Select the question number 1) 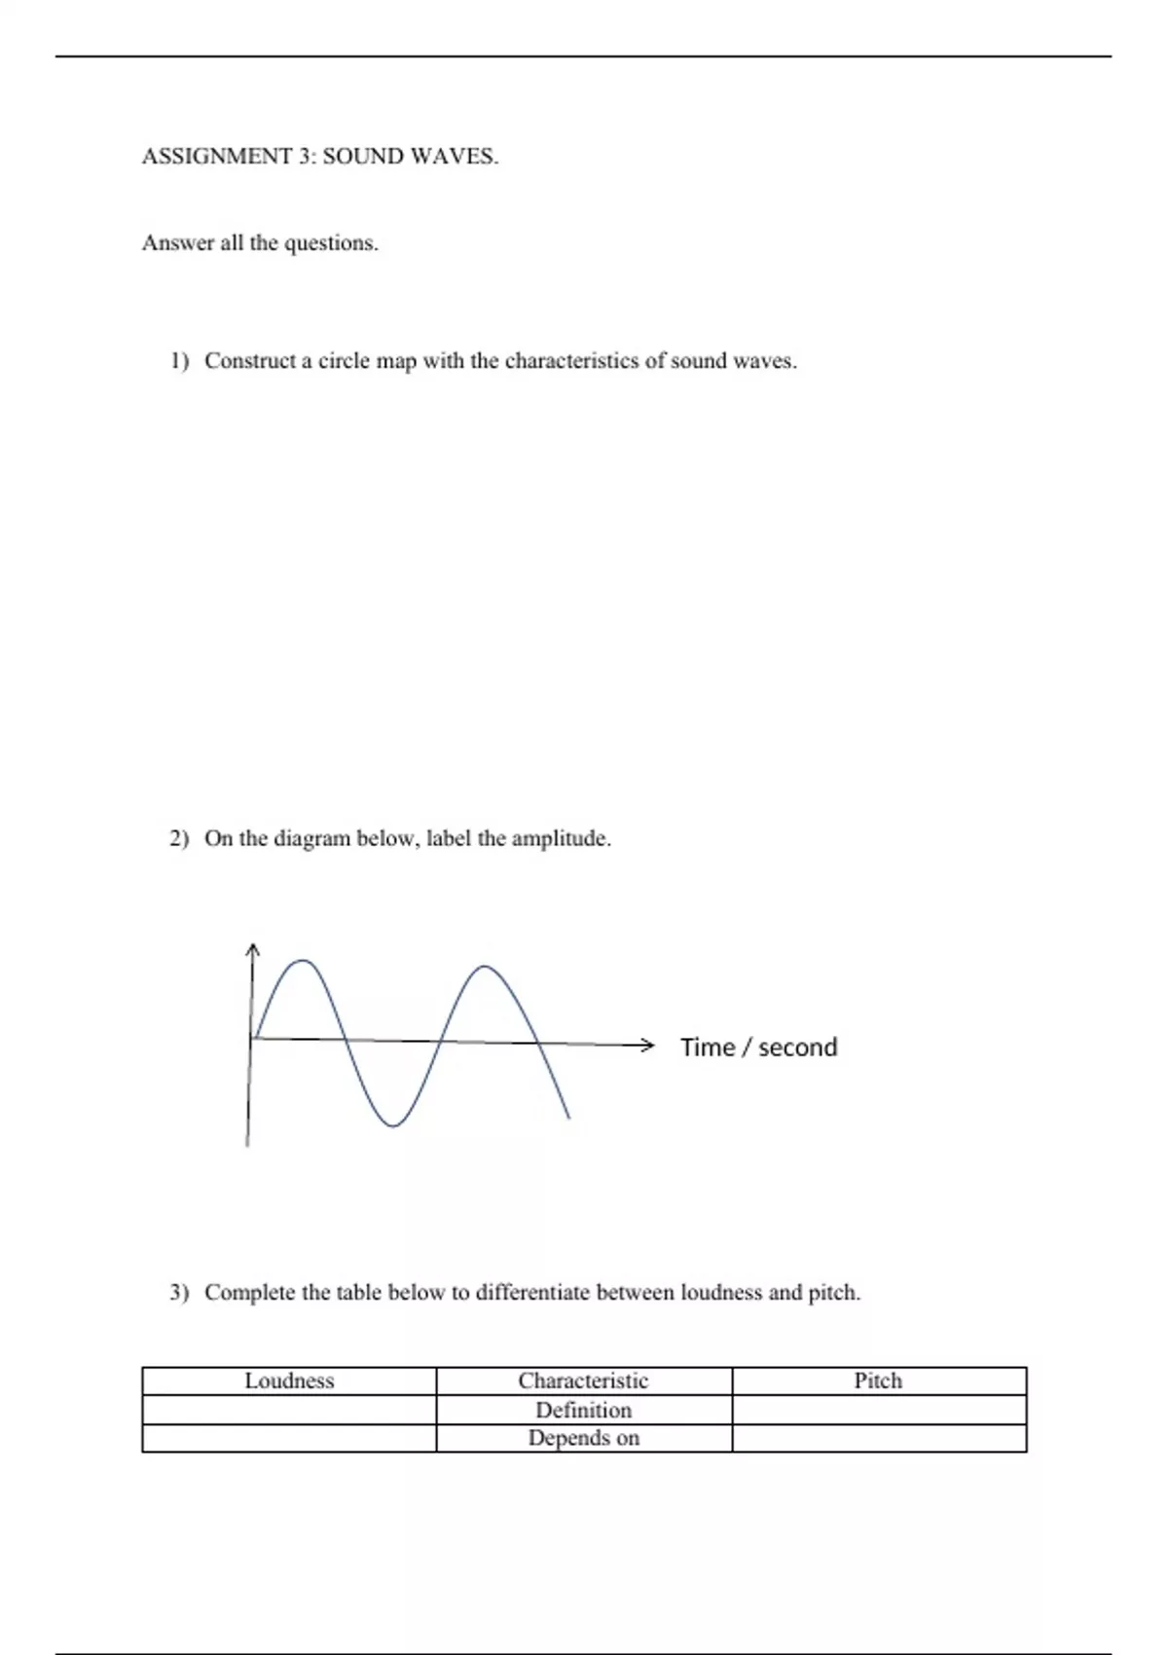pyautogui.click(x=180, y=361)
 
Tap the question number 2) pyautogui.click(x=180, y=839)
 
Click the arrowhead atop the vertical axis pyautogui.click(x=253, y=948)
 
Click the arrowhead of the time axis pyautogui.click(x=647, y=1046)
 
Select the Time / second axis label pyautogui.click(x=758, y=1048)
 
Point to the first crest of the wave pyautogui.click(x=305, y=962)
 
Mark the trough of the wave pyautogui.click(x=392, y=1125)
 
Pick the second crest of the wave pyautogui.click(x=485, y=967)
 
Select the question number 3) pyautogui.click(x=180, y=1293)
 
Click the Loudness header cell pyautogui.click(x=289, y=1380)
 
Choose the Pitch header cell pyautogui.click(x=878, y=1380)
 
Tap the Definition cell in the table pyautogui.click(x=583, y=1410)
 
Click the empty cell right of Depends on pyautogui.click(x=878, y=1438)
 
